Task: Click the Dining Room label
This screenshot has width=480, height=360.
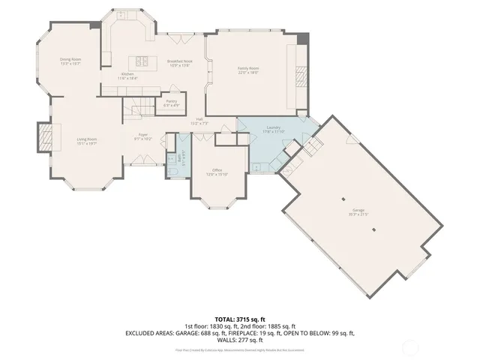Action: (x=70, y=59)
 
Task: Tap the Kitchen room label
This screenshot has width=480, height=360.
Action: (x=127, y=73)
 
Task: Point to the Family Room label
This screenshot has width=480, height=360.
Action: (x=248, y=68)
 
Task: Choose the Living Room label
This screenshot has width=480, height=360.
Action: (x=87, y=139)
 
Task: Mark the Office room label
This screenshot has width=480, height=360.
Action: (x=217, y=170)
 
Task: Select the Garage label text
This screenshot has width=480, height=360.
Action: (x=358, y=211)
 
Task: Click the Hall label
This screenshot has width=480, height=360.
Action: (x=199, y=118)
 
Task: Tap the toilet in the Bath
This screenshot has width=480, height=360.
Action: (x=172, y=172)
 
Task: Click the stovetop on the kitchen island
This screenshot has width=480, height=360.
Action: (x=139, y=61)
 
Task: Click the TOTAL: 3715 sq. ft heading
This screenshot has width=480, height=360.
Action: (x=240, y=319)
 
